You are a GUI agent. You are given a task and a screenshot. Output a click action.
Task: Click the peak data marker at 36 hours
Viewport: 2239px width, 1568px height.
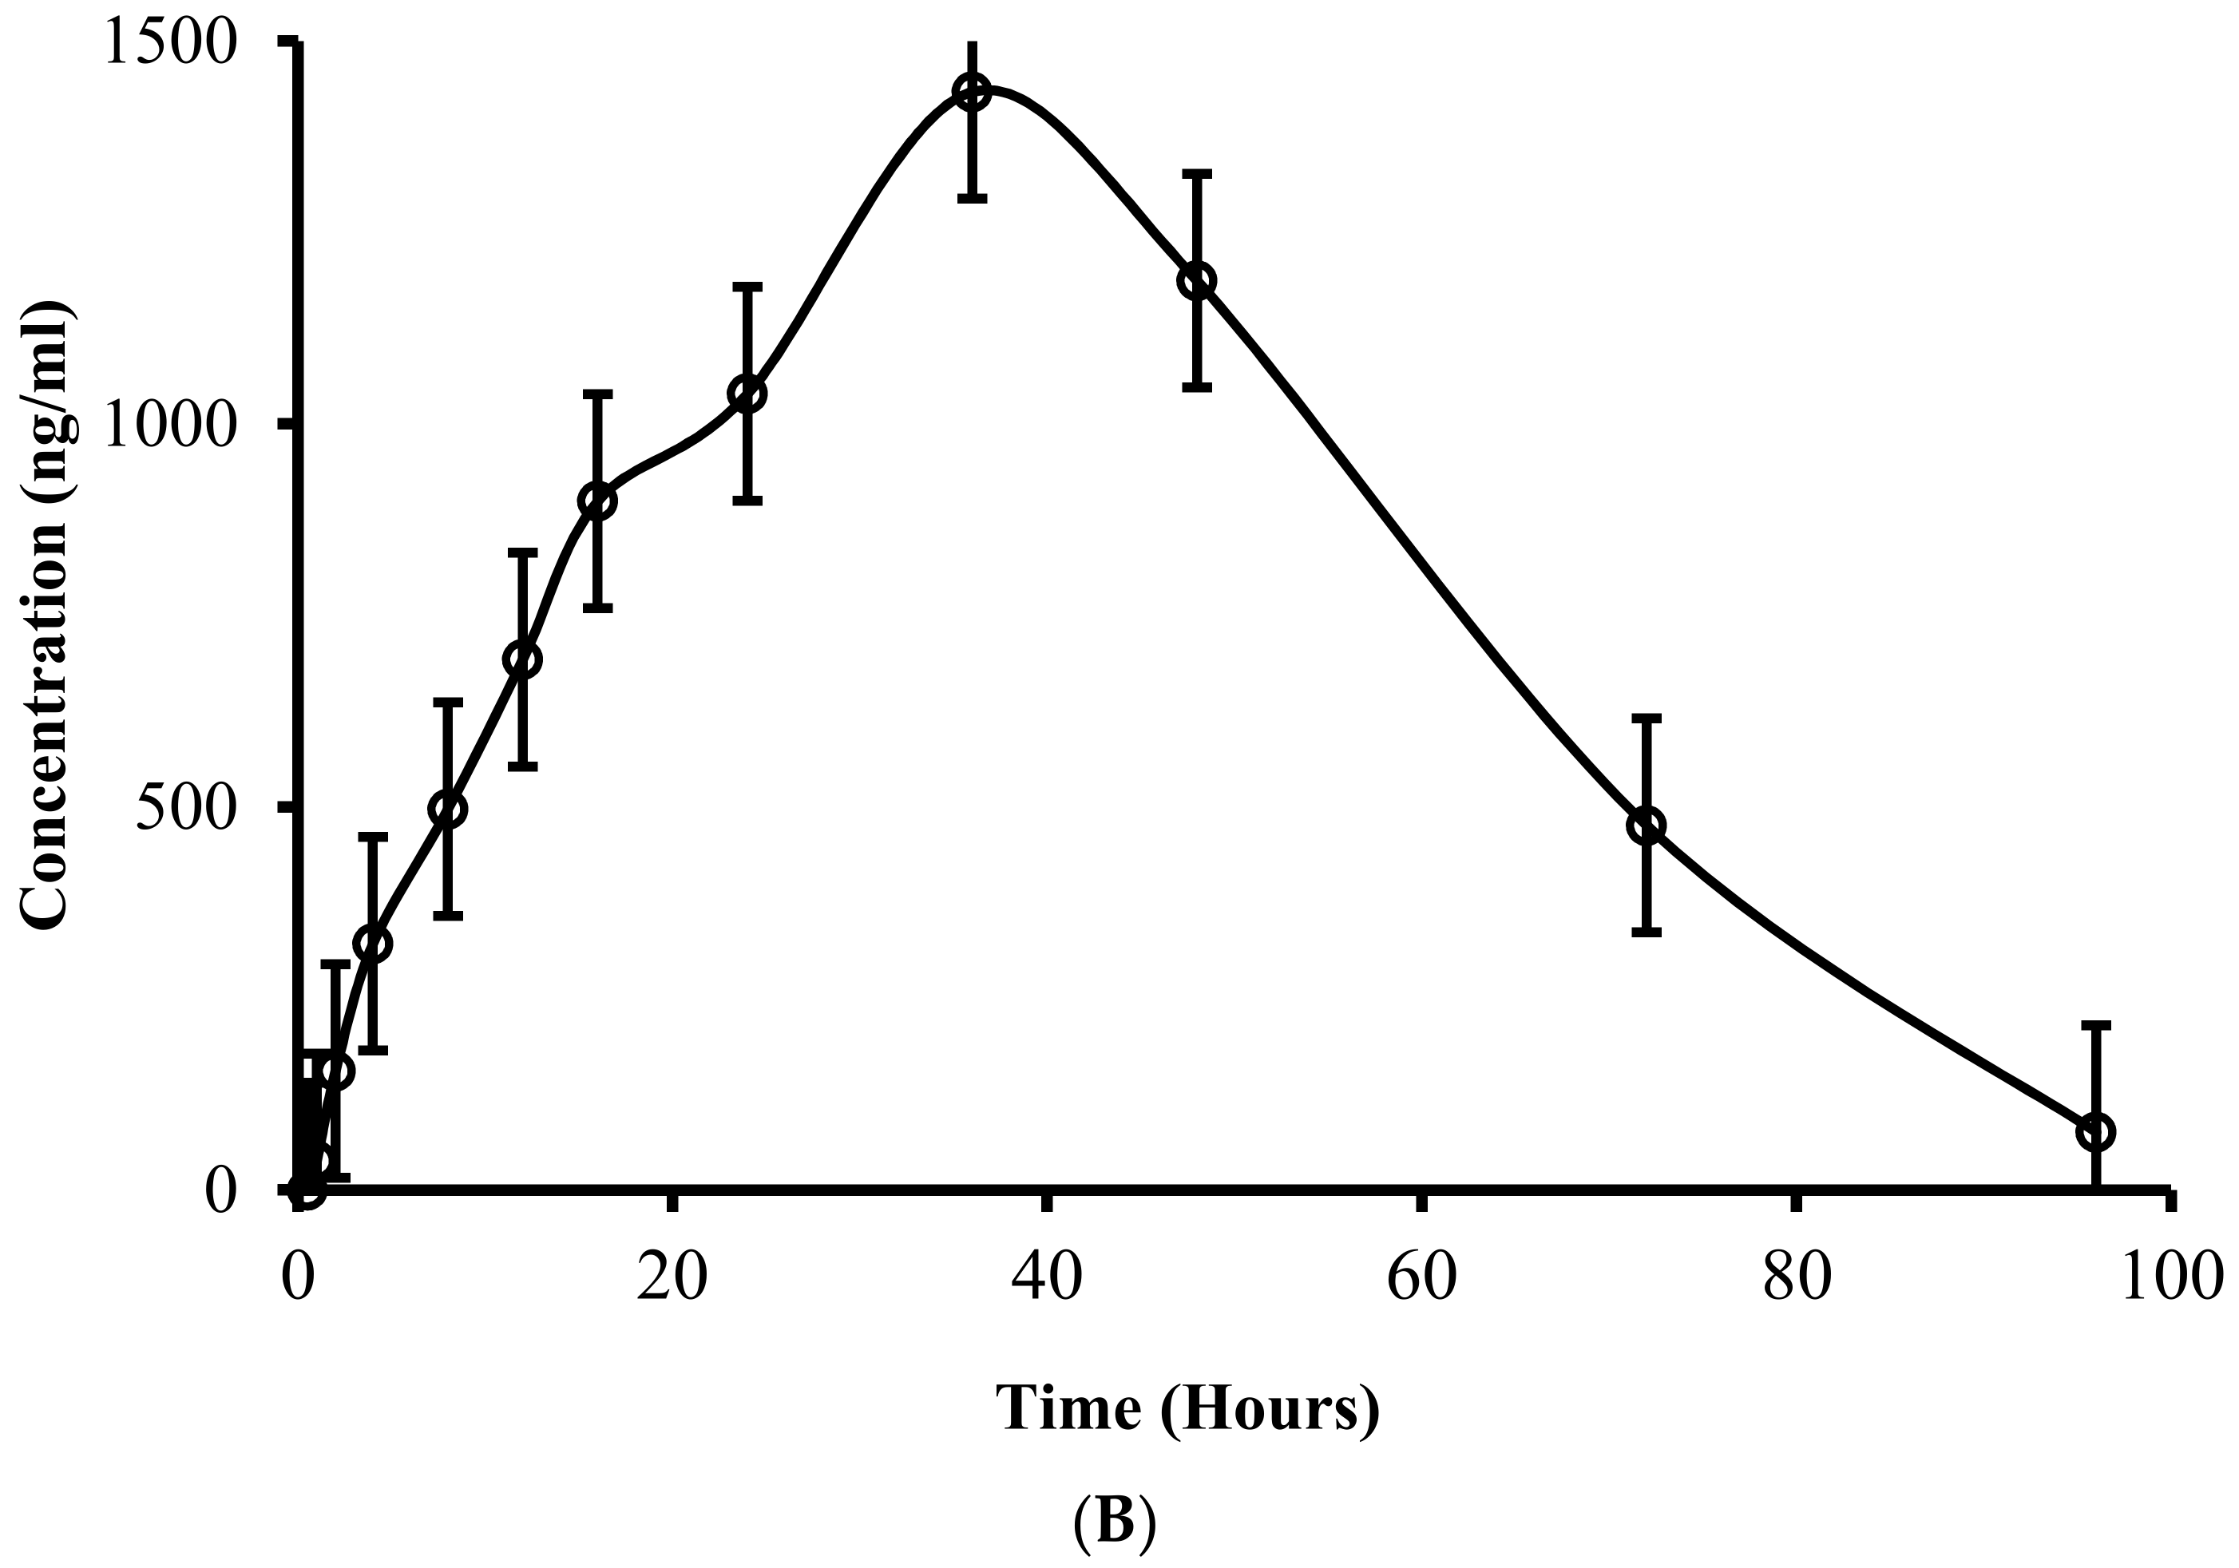973,93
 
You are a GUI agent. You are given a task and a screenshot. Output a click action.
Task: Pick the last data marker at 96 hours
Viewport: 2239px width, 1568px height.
2095,1132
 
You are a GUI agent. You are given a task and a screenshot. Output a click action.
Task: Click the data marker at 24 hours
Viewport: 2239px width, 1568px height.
747,394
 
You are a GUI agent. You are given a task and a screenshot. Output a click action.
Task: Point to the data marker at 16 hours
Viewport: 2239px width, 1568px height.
598,501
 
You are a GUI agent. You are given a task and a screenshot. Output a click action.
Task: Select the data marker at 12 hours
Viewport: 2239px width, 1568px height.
523,660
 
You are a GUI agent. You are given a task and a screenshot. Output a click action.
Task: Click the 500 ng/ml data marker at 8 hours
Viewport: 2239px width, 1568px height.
448,809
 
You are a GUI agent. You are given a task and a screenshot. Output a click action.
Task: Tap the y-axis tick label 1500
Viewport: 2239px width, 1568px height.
169,43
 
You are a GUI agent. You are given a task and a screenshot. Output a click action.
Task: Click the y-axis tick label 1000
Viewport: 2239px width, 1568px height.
169,426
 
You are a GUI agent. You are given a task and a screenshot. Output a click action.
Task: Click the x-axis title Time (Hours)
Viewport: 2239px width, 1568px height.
1187,1409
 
